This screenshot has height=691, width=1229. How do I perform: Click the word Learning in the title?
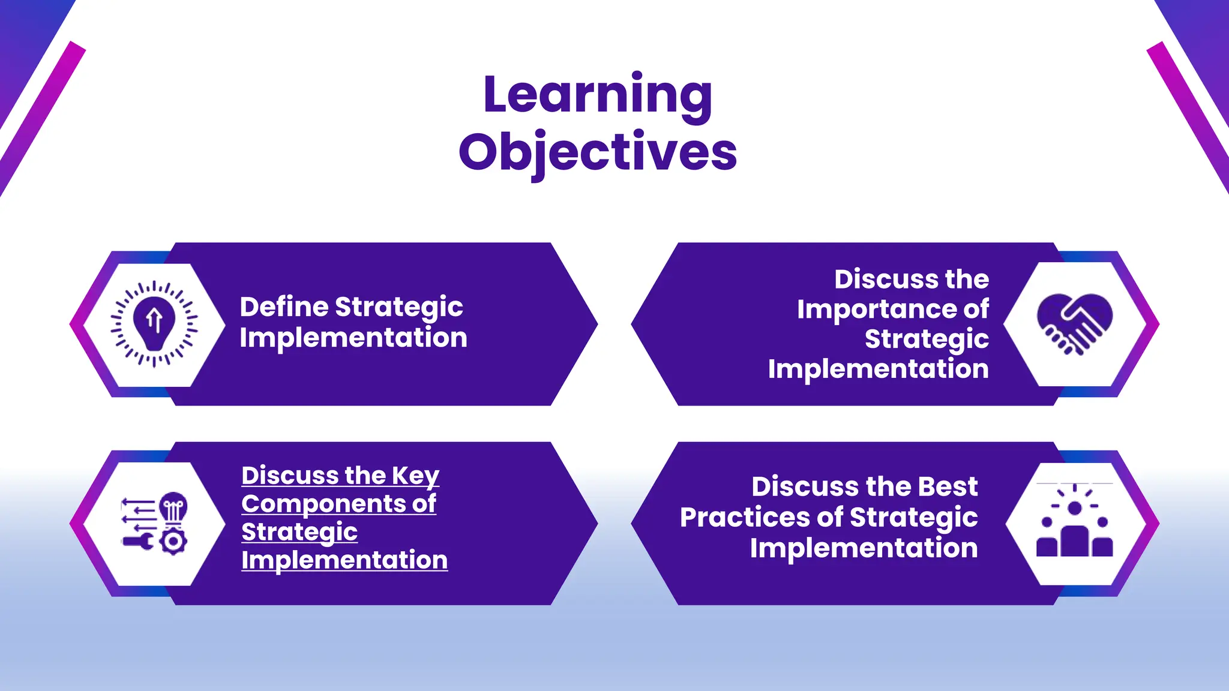click(x=598, y=95)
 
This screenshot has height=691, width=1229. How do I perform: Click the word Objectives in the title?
click(x=598, y=152)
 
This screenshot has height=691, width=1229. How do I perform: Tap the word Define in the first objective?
click(x=283, y=307)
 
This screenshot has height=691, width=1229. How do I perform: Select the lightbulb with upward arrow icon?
click(x=154, y=323)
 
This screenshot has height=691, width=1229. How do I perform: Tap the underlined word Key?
click(x=415, y=476)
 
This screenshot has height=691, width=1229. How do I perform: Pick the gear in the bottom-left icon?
click(x=173, y=542)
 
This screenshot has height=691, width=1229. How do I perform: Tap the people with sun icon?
click(x=1074, y=522)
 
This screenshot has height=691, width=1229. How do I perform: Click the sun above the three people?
click(x=1075, y=507)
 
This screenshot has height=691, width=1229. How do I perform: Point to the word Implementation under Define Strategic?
click(x=353, y=338)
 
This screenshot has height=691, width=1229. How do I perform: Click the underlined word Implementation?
click(x=344, y=560)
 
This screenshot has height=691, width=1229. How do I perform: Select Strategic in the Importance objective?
click(x=926, y=340)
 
